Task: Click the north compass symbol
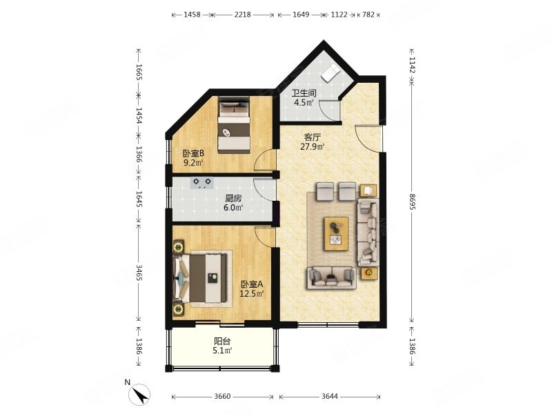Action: (x=140, y=394)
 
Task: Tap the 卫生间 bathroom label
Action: (x=304, y=93)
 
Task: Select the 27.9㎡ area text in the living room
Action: (x=312, y=146)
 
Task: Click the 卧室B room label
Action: (x=193, y=153)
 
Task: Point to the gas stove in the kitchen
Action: (x=202, y=183)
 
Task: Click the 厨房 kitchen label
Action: (x=234, y=199)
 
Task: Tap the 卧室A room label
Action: (x=252, y=284)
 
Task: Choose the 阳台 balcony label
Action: (x=222, y=341)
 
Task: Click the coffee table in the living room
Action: (x=337, y=234)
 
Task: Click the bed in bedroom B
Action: (x=234, y=125)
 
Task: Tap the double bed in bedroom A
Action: (x=200, y=278)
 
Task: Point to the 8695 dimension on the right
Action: (x=412, y=201)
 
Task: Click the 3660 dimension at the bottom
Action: (x=222, y=396)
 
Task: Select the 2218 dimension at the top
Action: (x=243, y=14)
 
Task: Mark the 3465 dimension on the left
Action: (x=139, y=273)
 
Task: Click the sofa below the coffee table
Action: (x=331, y=278)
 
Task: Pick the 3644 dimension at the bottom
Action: (x=330, y=396)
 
